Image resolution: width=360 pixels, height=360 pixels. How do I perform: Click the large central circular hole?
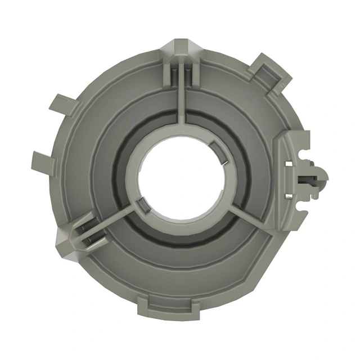click(x=181, y=178)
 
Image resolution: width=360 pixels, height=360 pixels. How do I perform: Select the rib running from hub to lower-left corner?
click(x=104, y=223)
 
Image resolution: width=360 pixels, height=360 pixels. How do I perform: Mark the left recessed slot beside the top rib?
click(x=173, y=73)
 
